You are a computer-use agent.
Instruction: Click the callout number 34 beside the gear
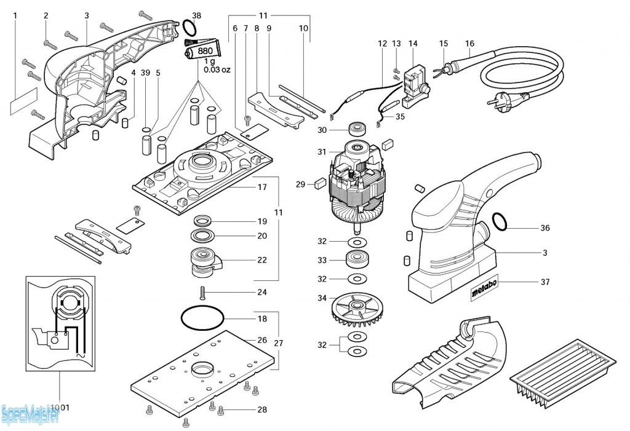click(322, 299)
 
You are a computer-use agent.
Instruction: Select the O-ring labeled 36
click(501, 222)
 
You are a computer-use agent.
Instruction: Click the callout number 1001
click(60, 407)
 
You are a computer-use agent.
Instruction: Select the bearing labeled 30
click(356, 130)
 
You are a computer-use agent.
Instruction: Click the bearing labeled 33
click(356, 259)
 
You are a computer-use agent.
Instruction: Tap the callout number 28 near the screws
click(262, 409)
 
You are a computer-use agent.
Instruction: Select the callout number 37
click(544, 282)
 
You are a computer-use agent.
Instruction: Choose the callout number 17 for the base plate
click(262, 187)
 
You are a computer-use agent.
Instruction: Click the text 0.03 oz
click(217, 69)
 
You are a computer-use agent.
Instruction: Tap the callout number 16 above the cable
click(470, 44)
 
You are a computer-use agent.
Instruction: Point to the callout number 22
click(262, 260)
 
